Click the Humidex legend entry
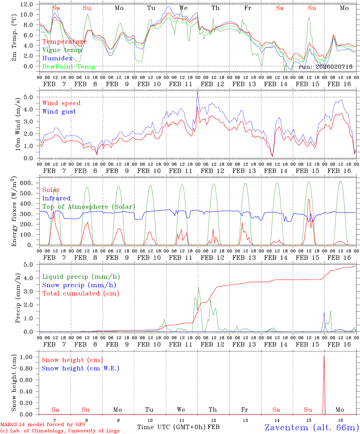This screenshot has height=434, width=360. pyautogui.click(x=57, y=58)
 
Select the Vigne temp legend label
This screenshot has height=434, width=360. pyautogui.click(x=62, y=50)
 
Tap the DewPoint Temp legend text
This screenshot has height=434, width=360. pyautogui.click(x=69, y=67)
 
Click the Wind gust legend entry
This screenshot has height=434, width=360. pyautogui.click(x=59, y=112)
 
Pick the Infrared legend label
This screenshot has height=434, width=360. pyautogui.click(x=56, y=198)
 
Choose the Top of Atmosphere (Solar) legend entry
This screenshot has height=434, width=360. pyautogui.click(x=89, y=207)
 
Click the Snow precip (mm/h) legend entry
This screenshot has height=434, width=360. pyautogui.click(x=79, y=285)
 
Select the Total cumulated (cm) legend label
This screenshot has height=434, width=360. pyautogui.click(x=81, y=294)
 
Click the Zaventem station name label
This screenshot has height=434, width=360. pyautogui.click(x=312, y=427)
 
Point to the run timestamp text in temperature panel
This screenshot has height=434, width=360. pyautogui.click(x=325, y=67)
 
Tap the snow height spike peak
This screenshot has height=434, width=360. pyautogui.click(x=324, y=356)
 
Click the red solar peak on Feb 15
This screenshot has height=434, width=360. pyautogui.click(x=308, y=199)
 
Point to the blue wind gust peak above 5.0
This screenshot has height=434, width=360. pyautogui.click(x=197, y=91)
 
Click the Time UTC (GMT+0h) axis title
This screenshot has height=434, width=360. pyautogui.click(x=172, y=427)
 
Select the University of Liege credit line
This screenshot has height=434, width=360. pyautogui.click(x=60, y=431)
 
